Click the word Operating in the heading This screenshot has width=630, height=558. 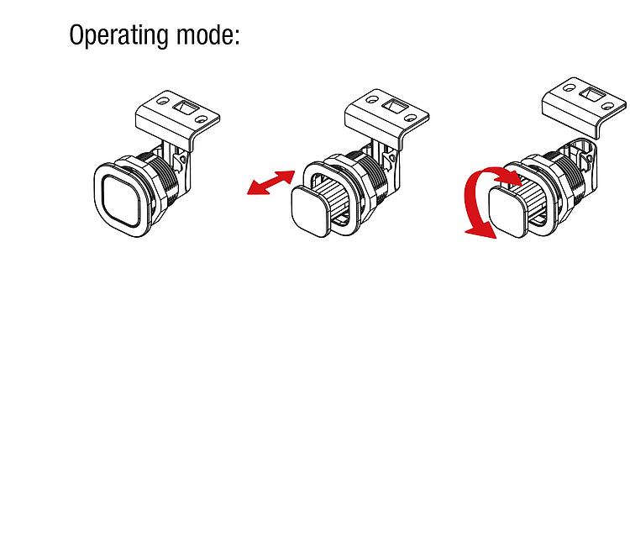point(118,35)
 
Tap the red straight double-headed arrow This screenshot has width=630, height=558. point(270,182)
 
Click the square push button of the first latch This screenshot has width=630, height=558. point(120,200)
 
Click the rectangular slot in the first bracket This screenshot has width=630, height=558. point(186,108)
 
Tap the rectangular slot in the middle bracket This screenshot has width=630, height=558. point(396,107)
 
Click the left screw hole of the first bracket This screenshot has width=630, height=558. point(162,101)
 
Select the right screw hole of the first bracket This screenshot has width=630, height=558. point(202,119)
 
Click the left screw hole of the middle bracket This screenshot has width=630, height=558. point(371,99)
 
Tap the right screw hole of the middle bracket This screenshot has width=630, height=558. point(411,118)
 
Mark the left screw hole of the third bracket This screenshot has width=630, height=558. point(569,87)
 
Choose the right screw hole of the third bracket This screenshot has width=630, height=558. point(608,106)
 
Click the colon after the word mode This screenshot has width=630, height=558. point(236,37)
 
